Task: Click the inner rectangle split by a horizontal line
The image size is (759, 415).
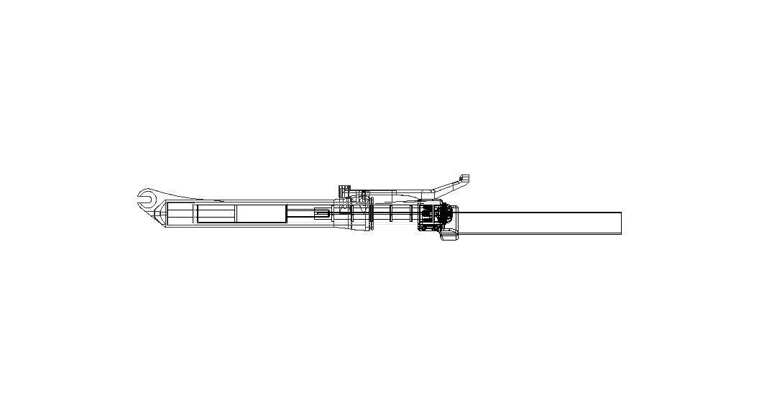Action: (x=216, y=214)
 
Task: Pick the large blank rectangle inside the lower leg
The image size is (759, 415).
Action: (x=262, y=214)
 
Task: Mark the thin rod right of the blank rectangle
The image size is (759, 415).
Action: (x=300, y=213)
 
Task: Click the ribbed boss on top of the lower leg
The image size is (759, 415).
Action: (x=344, y=191)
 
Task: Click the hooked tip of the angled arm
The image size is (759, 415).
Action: (x=464, y=177)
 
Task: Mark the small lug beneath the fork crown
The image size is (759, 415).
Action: (x=449, y=236)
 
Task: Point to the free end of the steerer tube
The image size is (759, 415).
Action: (x=620, y=223)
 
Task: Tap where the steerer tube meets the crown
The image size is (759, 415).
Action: (x=459, y=223)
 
